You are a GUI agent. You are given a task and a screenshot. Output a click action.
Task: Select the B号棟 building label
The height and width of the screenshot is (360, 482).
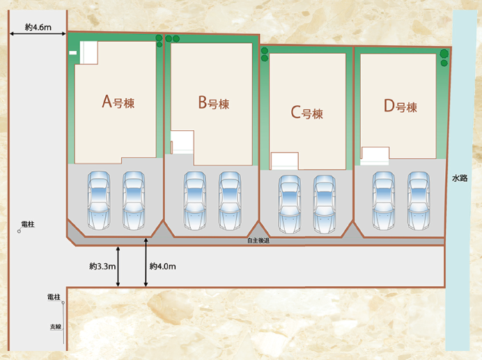click(213, 104)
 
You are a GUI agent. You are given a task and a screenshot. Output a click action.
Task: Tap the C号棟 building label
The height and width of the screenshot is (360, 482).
click(306, 112)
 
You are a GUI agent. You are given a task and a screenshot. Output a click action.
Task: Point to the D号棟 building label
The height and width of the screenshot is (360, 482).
click(400, 107)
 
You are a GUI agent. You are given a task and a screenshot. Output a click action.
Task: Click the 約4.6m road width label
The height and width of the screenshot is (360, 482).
click(38, 26)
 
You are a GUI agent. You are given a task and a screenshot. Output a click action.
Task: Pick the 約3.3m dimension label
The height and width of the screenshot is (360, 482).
click(102, 266)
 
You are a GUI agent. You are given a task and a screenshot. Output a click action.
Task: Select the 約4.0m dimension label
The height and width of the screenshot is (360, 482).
click(162, 266)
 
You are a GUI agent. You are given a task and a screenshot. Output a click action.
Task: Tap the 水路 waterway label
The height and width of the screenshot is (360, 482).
click(460, 178)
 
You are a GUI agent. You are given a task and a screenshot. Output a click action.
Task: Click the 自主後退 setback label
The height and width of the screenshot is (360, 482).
click(258, 241)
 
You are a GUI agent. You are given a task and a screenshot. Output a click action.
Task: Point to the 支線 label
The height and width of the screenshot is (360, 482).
click(55, 327)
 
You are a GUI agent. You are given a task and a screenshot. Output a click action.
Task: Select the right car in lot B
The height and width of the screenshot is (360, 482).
click(231, 201)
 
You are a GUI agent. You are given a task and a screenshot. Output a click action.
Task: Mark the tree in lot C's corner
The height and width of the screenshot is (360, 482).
click(265, 51)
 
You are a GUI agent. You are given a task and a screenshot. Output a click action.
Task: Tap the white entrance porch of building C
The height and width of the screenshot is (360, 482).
click(284, 161)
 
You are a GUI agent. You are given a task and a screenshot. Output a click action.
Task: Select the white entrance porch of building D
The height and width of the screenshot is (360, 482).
click(374, 155)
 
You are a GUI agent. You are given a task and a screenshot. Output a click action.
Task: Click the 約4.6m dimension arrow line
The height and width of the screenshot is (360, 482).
click(38, 33)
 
